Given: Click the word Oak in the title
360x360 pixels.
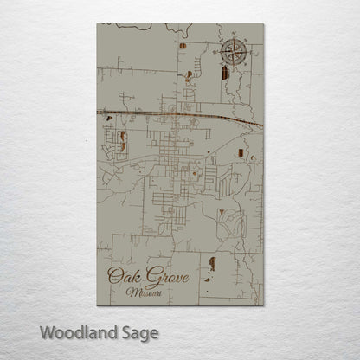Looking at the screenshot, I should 119,277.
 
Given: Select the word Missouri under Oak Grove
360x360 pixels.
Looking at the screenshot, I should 141,292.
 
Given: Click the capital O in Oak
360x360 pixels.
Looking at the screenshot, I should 112,277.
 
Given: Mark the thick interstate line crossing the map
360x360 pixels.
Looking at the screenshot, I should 173,113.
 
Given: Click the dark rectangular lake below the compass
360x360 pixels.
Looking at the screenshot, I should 225,74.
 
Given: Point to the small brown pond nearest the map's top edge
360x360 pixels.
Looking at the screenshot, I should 183,45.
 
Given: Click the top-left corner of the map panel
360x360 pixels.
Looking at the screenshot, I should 98,24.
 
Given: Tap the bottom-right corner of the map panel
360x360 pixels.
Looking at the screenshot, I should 263,305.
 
